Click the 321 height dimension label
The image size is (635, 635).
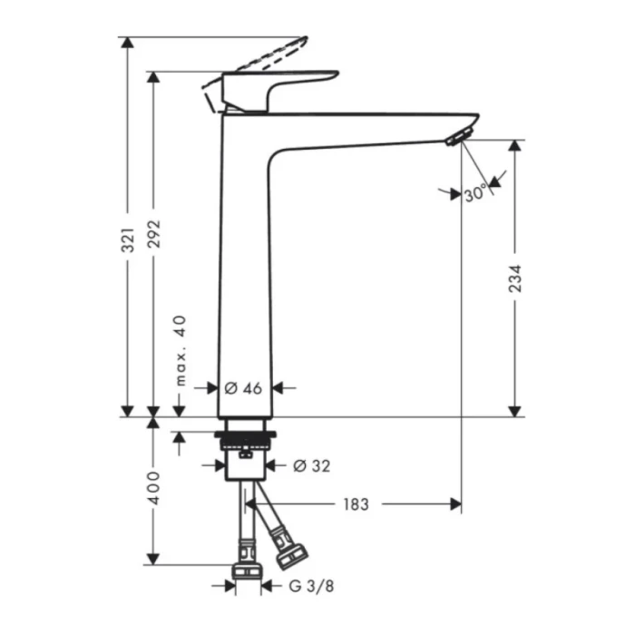click(x=129, y=238)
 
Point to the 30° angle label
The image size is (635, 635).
click(x=475, y=193)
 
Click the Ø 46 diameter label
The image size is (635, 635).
click(x=242, y=387)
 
